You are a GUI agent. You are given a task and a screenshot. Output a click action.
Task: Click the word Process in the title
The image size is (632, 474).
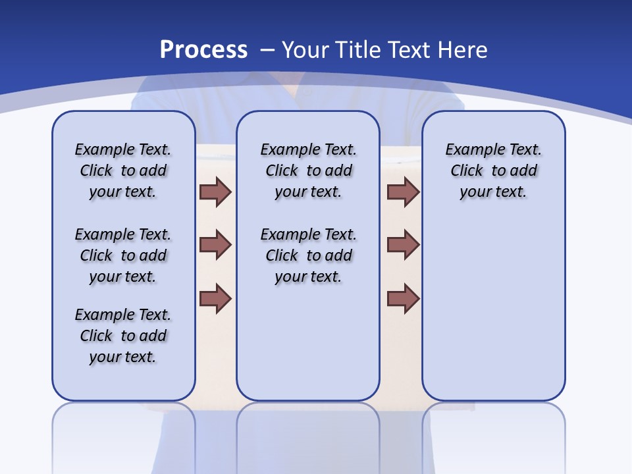203,50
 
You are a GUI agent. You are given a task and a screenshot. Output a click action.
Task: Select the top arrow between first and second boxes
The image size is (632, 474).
215,192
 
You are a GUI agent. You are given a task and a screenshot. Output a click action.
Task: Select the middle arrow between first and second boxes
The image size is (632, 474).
215,245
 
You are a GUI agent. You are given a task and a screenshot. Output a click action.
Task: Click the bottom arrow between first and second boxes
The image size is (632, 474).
215,298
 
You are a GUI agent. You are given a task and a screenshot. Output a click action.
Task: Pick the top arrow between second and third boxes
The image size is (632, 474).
403,192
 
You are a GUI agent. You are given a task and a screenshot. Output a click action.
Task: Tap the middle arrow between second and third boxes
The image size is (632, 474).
403,245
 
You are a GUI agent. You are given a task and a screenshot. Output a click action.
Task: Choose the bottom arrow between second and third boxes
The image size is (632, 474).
403,298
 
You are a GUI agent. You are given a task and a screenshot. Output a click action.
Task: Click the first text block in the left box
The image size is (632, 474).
123,171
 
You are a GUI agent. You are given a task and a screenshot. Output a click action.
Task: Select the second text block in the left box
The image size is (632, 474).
123,255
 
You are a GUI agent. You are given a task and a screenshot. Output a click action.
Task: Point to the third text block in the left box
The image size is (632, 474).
123,336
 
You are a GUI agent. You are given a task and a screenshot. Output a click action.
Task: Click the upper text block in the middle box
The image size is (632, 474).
308,171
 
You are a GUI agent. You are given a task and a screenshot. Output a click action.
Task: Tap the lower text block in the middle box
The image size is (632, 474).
308,255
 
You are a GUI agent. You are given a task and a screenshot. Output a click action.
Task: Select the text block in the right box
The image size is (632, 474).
493,171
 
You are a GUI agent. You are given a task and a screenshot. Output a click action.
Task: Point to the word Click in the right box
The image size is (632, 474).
467,171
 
